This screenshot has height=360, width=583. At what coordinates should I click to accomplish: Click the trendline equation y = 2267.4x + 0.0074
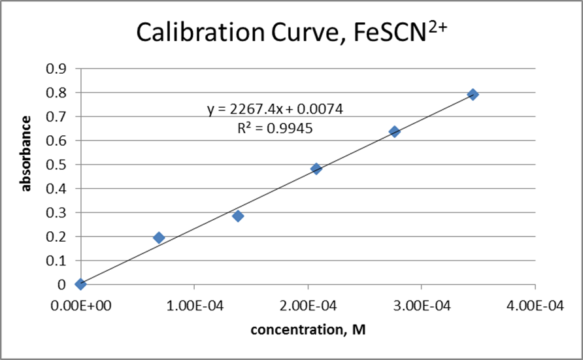click(275, 109)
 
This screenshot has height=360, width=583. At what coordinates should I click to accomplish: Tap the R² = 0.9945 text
click(275, 129)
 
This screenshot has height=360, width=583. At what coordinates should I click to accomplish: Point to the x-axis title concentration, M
click(308, 330)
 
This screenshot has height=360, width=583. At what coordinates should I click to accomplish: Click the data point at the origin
click(80, 284)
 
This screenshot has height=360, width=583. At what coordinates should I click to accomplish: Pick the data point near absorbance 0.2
click(159, 237)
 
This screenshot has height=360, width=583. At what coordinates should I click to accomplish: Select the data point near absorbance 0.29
click(238, 216)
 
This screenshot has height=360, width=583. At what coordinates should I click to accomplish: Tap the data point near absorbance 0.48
click(316, 169)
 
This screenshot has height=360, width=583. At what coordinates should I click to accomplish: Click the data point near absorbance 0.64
click(395, 131)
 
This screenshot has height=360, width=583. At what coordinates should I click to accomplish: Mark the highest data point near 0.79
click(473, 94)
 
